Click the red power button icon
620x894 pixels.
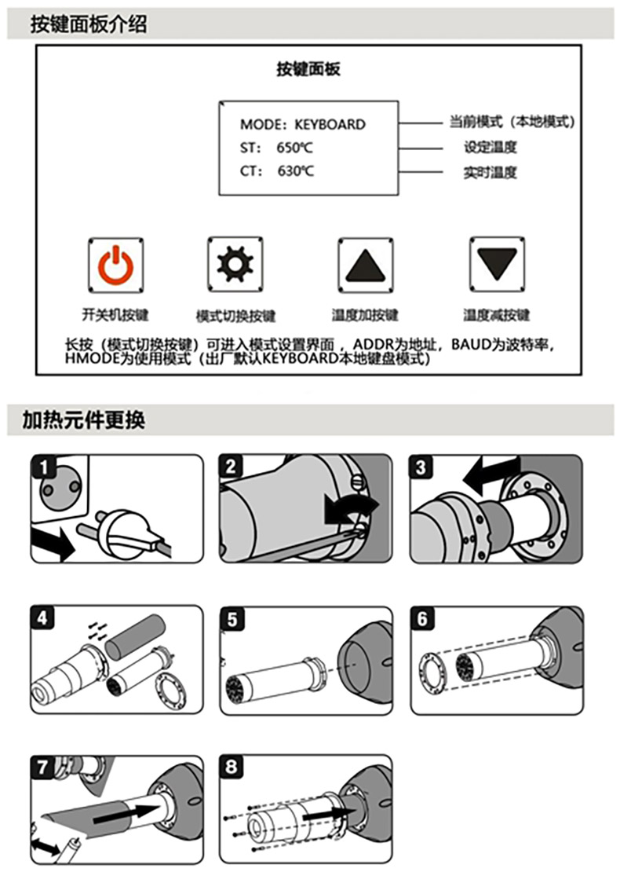(x=115, y=266)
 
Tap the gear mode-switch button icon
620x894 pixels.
(x=235, y=265)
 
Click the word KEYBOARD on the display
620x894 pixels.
(x=330, y=124)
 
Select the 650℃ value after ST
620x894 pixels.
(x=295, y=148)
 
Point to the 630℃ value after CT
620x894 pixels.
(x=296, y=171)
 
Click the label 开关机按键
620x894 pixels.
(x=115, y=315)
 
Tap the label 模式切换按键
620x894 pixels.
(x=235, y=316)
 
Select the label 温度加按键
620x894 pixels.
(x=366, y=315)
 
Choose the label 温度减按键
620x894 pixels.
(x=497, y=315)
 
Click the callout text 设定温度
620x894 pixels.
(x=491, y=147)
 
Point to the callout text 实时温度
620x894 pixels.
(x=491, y=172)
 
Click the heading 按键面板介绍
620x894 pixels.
(x=89, y=24)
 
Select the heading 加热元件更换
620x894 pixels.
(x=84, y=420)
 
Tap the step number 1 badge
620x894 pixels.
(x=43, y=467)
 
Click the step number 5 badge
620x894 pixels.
(x=232, y=619)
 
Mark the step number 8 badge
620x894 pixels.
(x=232, y=766)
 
